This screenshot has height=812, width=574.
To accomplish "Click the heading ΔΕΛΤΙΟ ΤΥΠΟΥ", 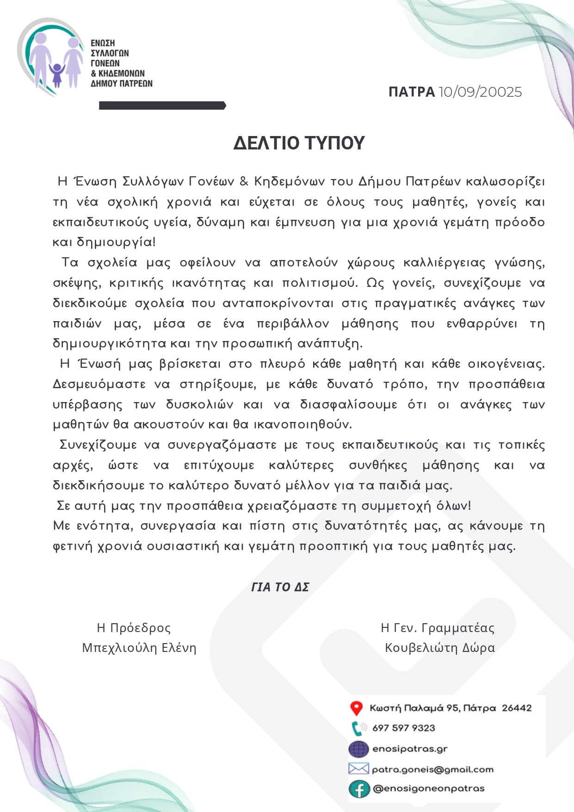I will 299,143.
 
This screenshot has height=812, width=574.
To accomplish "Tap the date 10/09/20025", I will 480,92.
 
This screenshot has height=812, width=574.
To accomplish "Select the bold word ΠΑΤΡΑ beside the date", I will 411,92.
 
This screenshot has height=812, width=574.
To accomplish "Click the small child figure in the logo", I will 57,74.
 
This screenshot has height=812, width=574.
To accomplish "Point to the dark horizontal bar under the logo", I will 162,106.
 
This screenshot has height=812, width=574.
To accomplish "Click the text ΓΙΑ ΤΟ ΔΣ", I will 280,587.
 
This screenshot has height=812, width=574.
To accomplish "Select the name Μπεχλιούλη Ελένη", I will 139,648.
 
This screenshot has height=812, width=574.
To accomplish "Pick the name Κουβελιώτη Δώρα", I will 439,648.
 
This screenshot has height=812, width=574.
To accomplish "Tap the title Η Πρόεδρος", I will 134,628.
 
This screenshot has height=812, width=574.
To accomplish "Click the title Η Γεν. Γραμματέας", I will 438,628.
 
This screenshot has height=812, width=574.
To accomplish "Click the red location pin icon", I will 356,708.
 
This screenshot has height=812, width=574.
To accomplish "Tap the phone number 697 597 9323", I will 404,728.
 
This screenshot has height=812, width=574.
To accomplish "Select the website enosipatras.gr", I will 410,749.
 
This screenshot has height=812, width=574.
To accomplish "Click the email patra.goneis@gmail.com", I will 432,769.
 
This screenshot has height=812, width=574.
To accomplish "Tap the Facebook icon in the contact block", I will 359,789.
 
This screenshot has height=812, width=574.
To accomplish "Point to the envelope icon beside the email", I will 358,769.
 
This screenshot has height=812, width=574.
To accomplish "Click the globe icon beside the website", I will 359,749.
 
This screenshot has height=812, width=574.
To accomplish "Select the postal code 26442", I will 517,708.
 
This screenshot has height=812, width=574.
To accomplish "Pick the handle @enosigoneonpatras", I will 429,789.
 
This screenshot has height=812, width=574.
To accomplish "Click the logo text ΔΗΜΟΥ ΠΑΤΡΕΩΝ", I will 122,84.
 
